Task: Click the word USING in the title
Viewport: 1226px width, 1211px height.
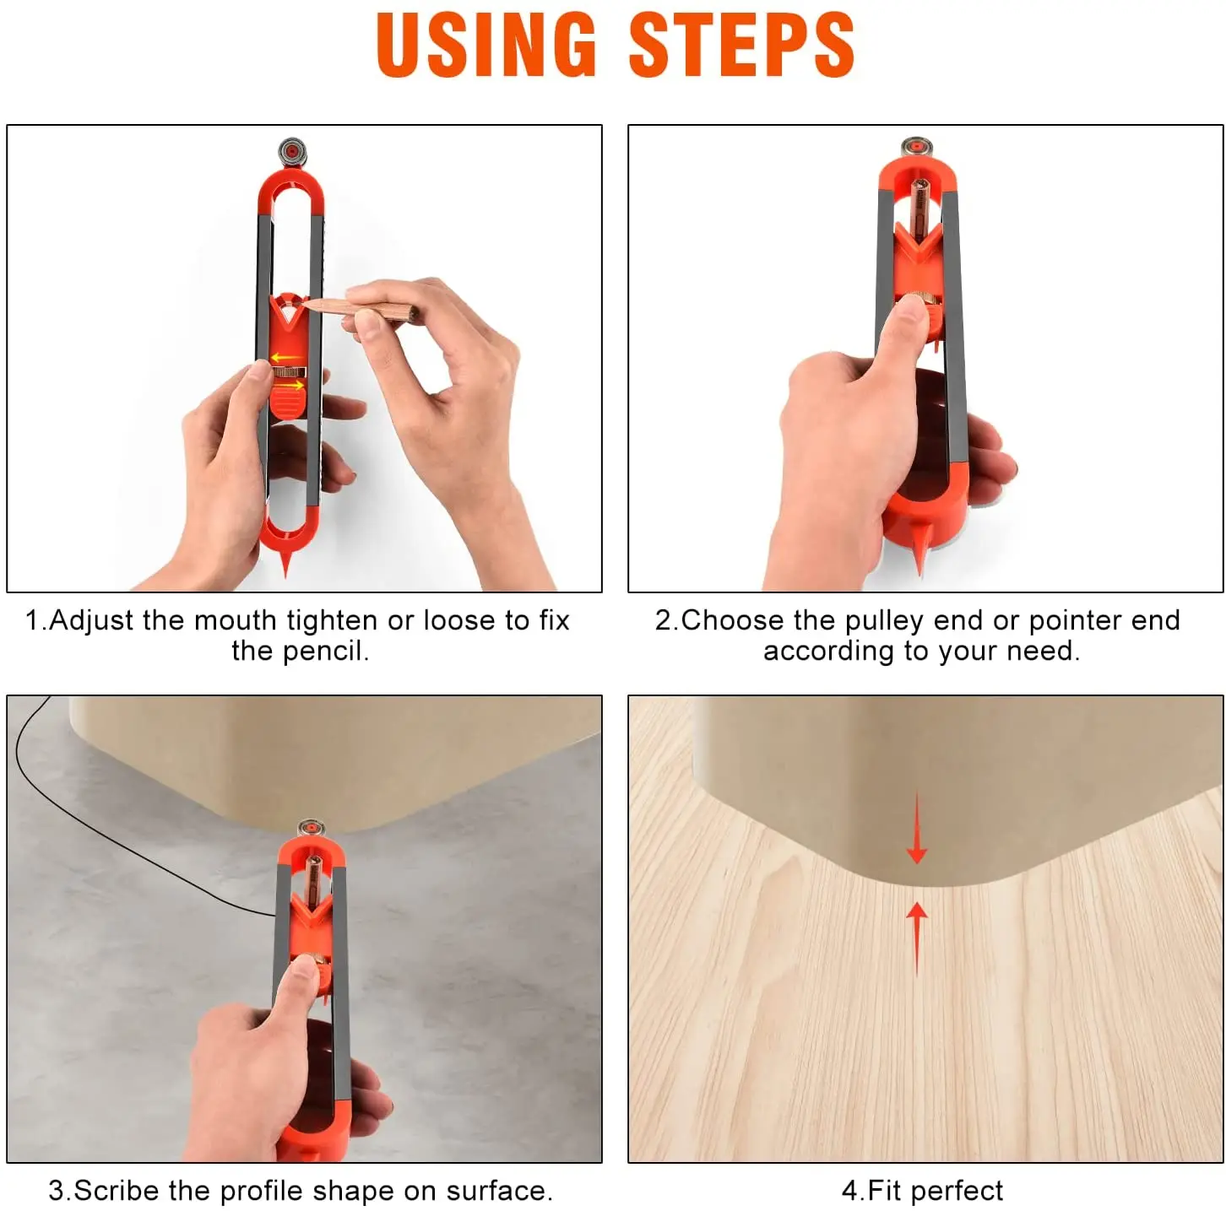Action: (x=486, y=46)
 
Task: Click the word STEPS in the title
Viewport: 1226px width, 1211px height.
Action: (x=741, y=46)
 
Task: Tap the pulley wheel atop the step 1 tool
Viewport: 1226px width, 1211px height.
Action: (x=291, y=152)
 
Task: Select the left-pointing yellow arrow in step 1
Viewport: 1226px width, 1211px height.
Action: (x=287, y=359)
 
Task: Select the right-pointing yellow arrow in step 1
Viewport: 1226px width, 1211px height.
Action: (x=290, y=386)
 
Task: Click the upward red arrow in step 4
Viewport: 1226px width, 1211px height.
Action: (x=917, y=937)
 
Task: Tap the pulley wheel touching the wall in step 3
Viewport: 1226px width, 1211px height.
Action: (x=310, y=828)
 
